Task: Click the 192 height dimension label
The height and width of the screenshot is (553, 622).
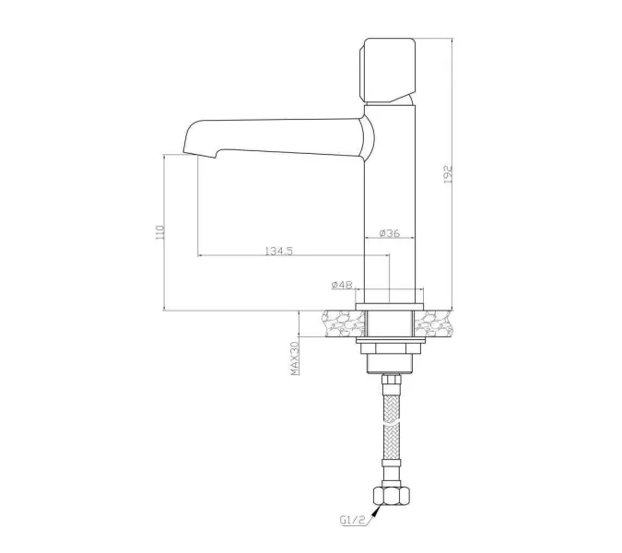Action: [448, 174]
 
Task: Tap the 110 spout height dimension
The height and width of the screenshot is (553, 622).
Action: [159, 232]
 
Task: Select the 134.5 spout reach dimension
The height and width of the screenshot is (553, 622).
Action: [278, 251]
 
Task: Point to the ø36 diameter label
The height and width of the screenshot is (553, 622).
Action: [389, 233]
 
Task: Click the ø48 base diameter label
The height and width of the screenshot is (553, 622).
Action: [342, 285]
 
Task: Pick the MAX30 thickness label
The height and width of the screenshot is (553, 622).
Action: [295, 359]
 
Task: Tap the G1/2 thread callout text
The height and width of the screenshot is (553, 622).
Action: [352, 520]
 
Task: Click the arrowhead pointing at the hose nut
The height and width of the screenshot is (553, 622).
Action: [376, 511]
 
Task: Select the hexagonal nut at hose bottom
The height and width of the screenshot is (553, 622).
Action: [391, 495]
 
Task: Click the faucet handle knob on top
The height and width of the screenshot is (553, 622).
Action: [387, 70]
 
